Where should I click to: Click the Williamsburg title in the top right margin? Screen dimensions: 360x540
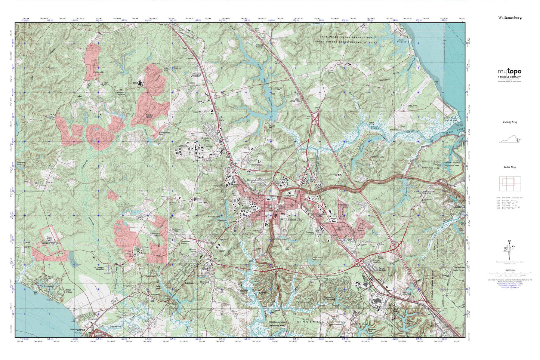[x=509, y=18]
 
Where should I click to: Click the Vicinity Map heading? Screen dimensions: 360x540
[x=510, y=122]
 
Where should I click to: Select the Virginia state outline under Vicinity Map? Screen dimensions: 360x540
[x=510, y=140]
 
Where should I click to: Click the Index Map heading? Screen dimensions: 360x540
[x=510, y=167]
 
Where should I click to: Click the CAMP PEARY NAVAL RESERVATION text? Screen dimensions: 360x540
[x=345, y=38]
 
